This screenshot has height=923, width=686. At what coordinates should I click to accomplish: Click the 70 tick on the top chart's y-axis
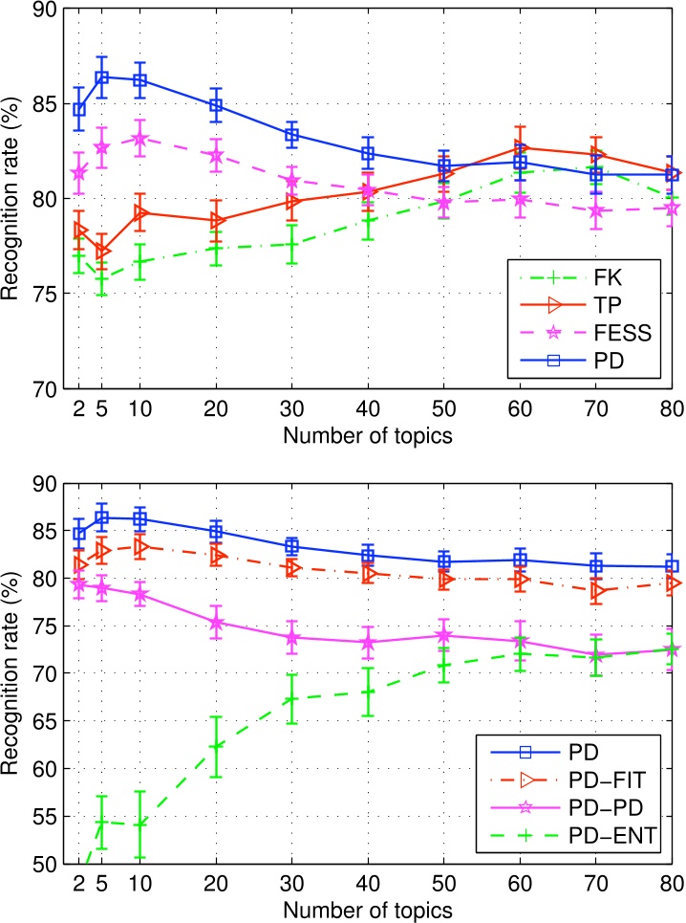click(45, 388)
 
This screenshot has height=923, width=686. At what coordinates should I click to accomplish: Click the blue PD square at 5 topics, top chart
click(102, 77)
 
